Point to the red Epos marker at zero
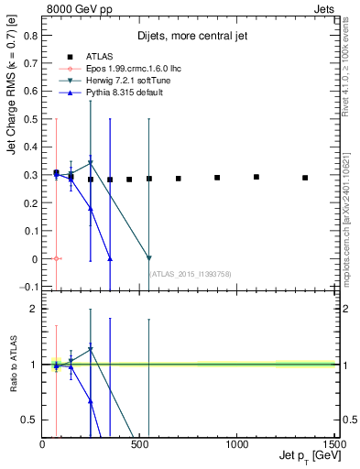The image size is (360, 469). point(56,259)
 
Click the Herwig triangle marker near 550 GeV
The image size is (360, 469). point(149,258)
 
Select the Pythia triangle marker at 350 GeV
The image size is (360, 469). point(110,258)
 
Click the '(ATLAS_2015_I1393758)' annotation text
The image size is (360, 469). point(189,273)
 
